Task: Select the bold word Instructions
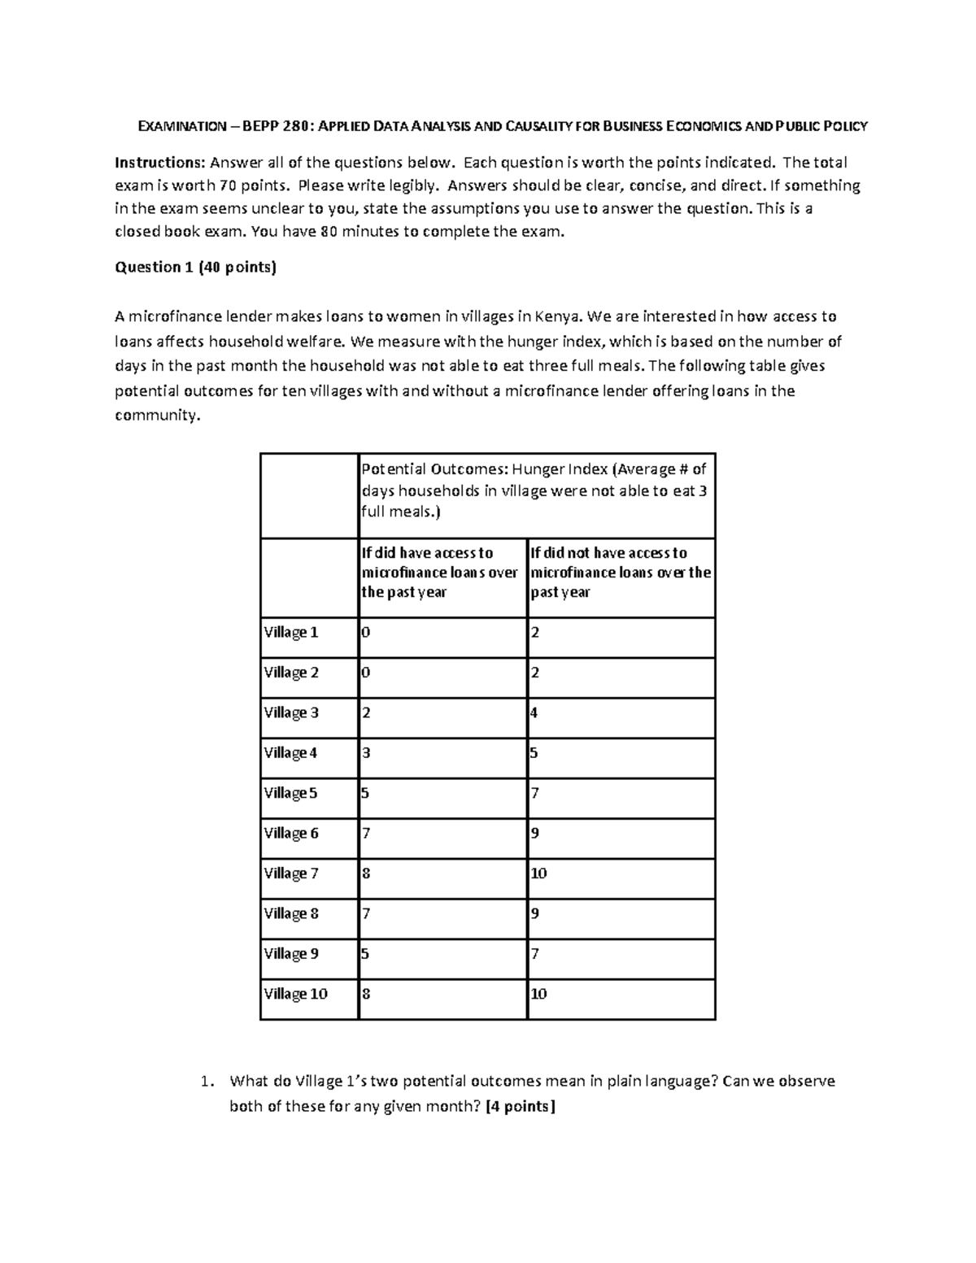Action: tap(159, 163)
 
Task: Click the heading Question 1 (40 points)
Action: tap(195, 268)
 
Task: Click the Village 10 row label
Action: tap(295, 994)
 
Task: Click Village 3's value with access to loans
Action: tap(366, 713)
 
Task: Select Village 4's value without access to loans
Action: tap(534, 753)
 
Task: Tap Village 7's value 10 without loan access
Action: tap(538, 873)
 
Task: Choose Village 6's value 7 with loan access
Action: tap(366, 834)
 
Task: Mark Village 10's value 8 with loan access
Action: tap(366, 994)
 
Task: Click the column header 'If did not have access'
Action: tap(621, 573)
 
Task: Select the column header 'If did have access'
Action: tap(439, 573)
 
